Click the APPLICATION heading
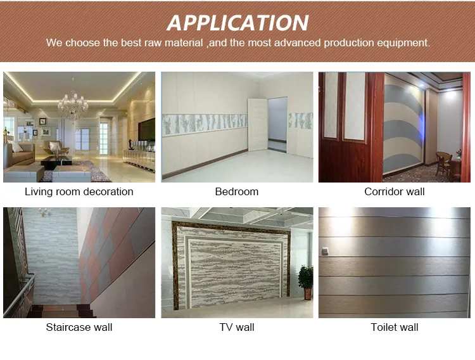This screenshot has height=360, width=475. pos(237,23)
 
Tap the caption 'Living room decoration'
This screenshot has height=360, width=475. pos(79,191)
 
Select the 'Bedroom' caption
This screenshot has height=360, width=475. pos(237,191)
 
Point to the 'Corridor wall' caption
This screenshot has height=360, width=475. pos(395,191)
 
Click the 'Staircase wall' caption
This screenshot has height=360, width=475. pos(79,327)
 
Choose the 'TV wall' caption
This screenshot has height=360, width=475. pos(237,327)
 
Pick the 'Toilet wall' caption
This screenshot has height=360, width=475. pos(395,327)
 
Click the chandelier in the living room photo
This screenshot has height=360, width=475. pos(73,104)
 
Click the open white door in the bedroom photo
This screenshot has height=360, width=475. pos(257,124)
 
